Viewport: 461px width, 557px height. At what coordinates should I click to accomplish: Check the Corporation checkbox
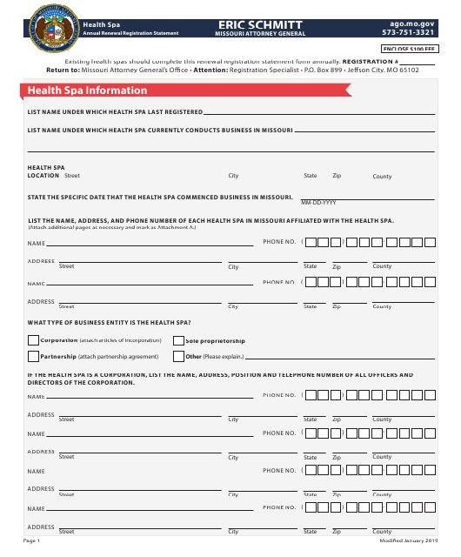click(34, 340)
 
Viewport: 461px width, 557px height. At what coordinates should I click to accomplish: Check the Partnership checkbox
click(34, 356)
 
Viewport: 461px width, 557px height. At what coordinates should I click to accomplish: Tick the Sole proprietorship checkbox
click(178, 340)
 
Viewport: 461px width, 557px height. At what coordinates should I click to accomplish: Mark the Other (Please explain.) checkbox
click(178, 356)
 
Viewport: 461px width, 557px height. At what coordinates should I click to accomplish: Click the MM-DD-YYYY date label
click(317, 202)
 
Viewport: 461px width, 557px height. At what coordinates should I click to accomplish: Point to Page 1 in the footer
click(32, 541)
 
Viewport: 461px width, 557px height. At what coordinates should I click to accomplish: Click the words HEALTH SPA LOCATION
click(46, 171)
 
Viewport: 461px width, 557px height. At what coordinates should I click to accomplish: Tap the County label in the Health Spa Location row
click(383, 176)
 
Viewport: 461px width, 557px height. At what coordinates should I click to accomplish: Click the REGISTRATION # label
click(369, 63)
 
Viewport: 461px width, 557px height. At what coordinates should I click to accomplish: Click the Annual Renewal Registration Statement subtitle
click(130, 33)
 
